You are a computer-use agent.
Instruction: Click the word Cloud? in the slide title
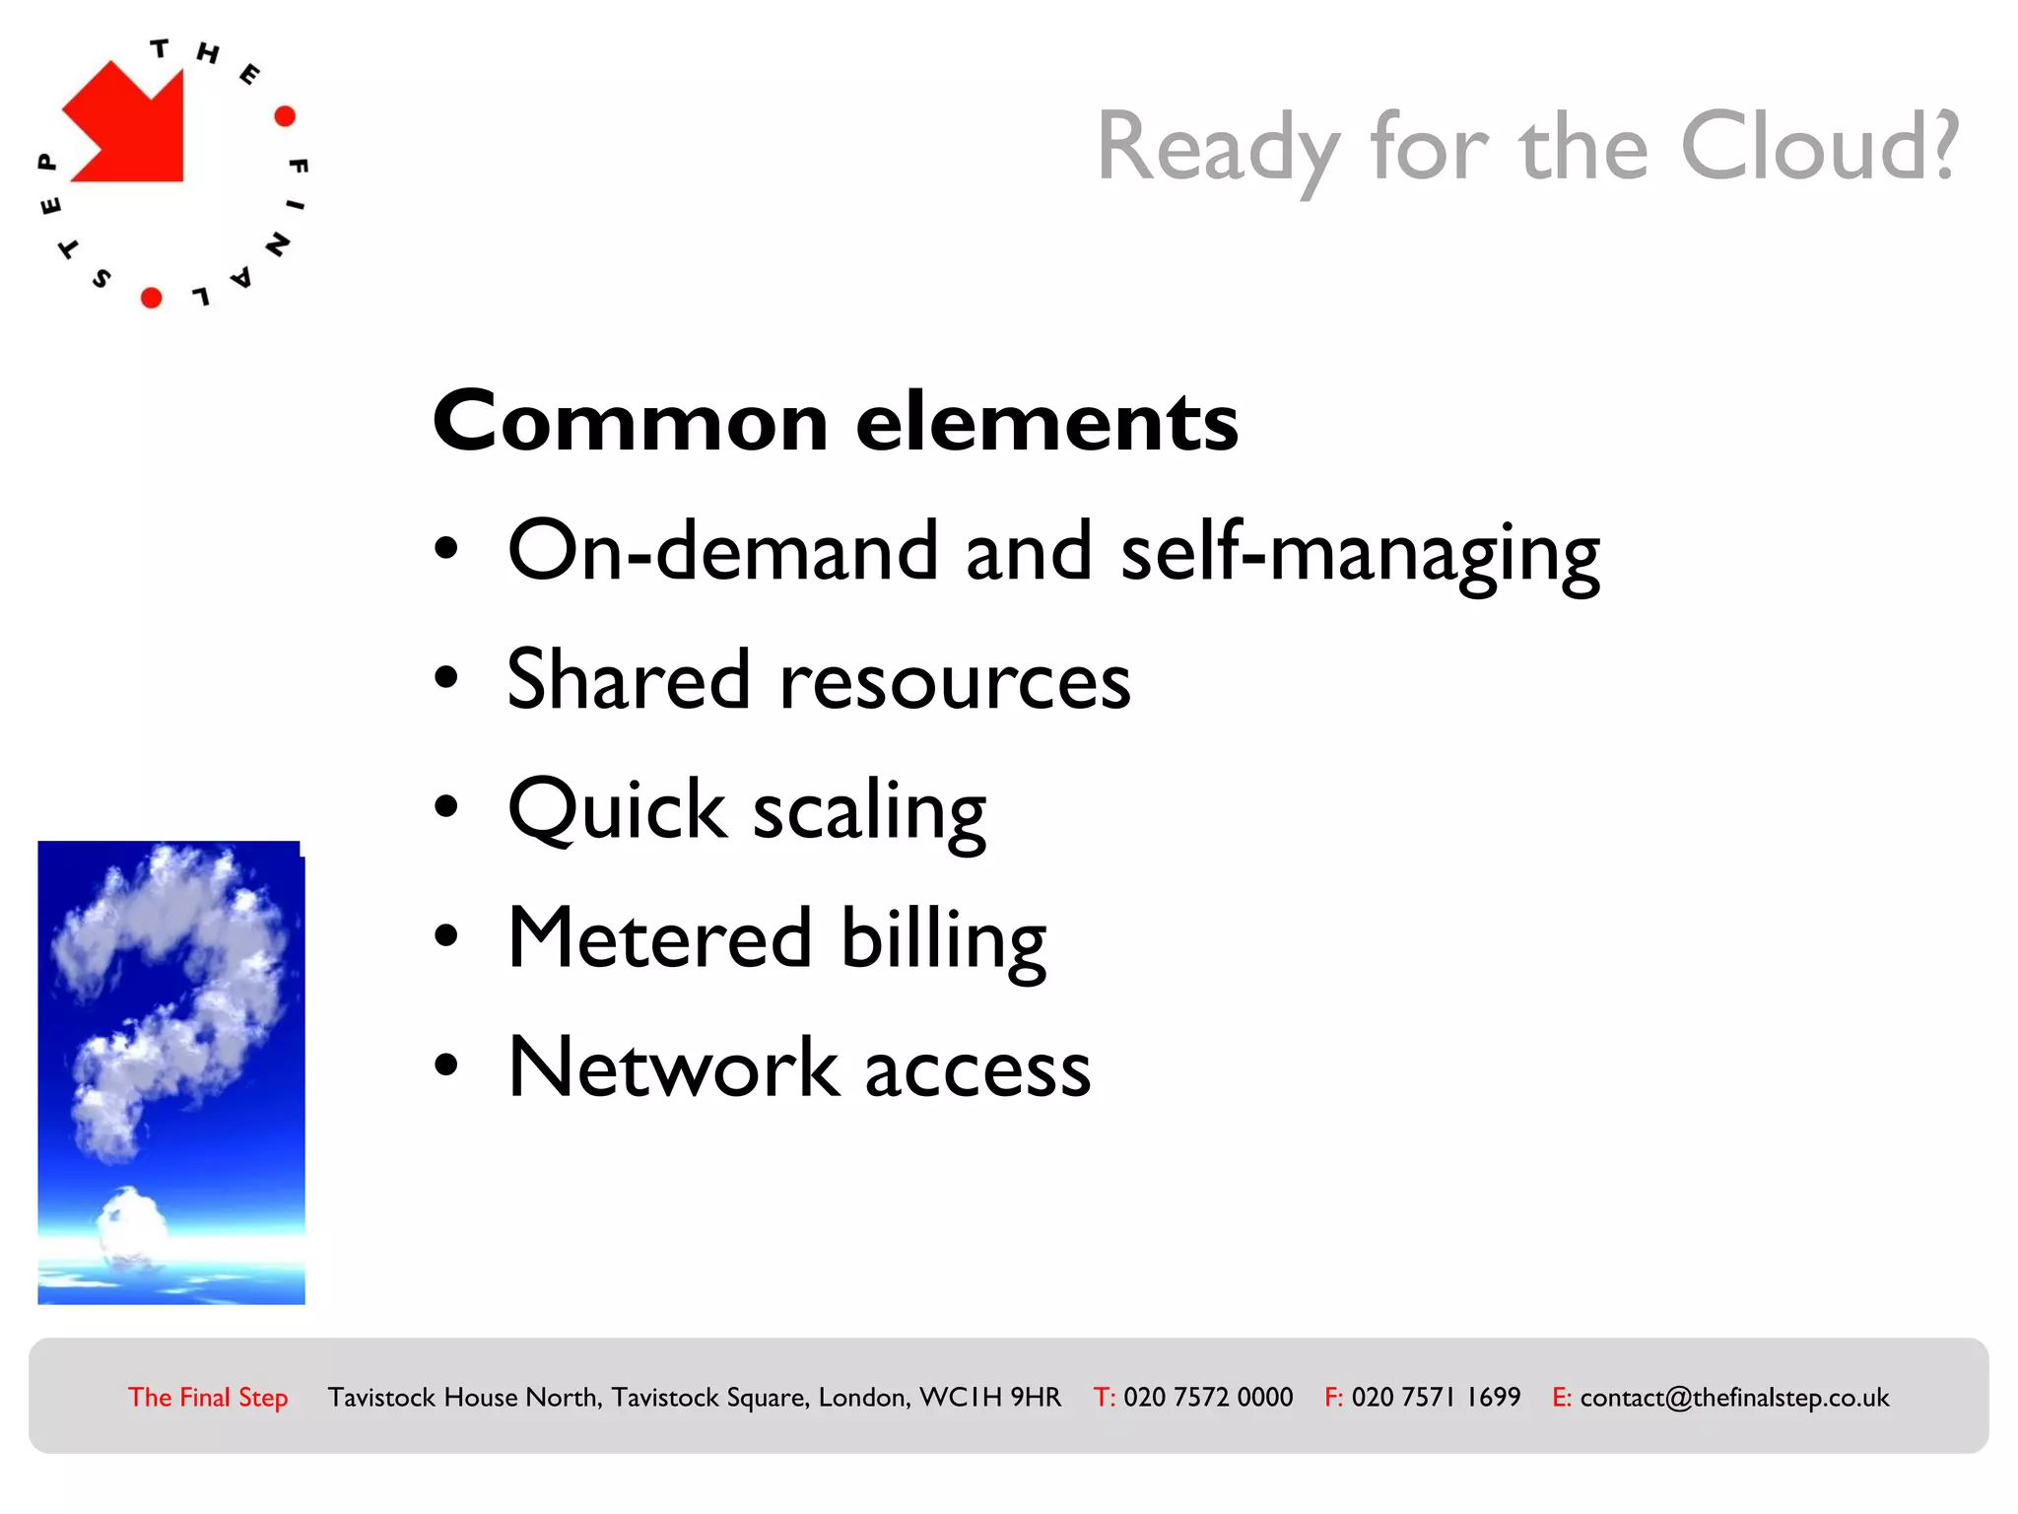click(x=1819, y=148)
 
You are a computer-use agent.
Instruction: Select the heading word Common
click(x=631, y=422)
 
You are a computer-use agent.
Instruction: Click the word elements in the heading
click(x=1046, y=422)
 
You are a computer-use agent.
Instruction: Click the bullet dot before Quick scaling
click(x=446, y=807)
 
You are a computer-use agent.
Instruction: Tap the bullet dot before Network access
click(x=446, y=1066)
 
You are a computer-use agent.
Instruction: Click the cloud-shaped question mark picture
click(x=171, y=1072)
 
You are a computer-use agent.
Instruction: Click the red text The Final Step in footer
click(x=208, y=1397)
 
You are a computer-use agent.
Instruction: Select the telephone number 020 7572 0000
click(x=1208, y=1397)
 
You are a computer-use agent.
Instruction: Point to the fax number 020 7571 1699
click(x=1436, y=1397)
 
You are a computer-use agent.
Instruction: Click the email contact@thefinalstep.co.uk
click(x=1734, y=1397)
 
